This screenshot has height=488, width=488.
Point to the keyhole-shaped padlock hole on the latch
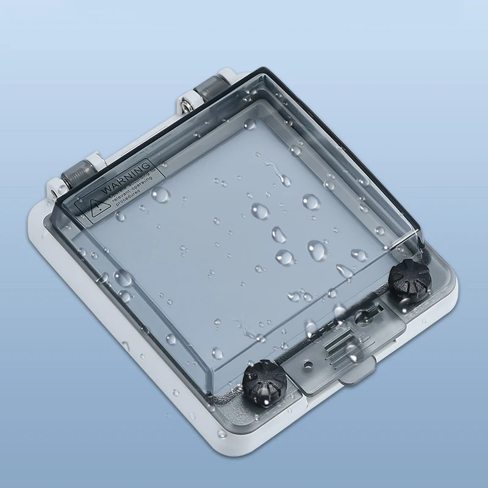click(365, 316)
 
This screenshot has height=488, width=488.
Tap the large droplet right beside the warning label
click(160, 195)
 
